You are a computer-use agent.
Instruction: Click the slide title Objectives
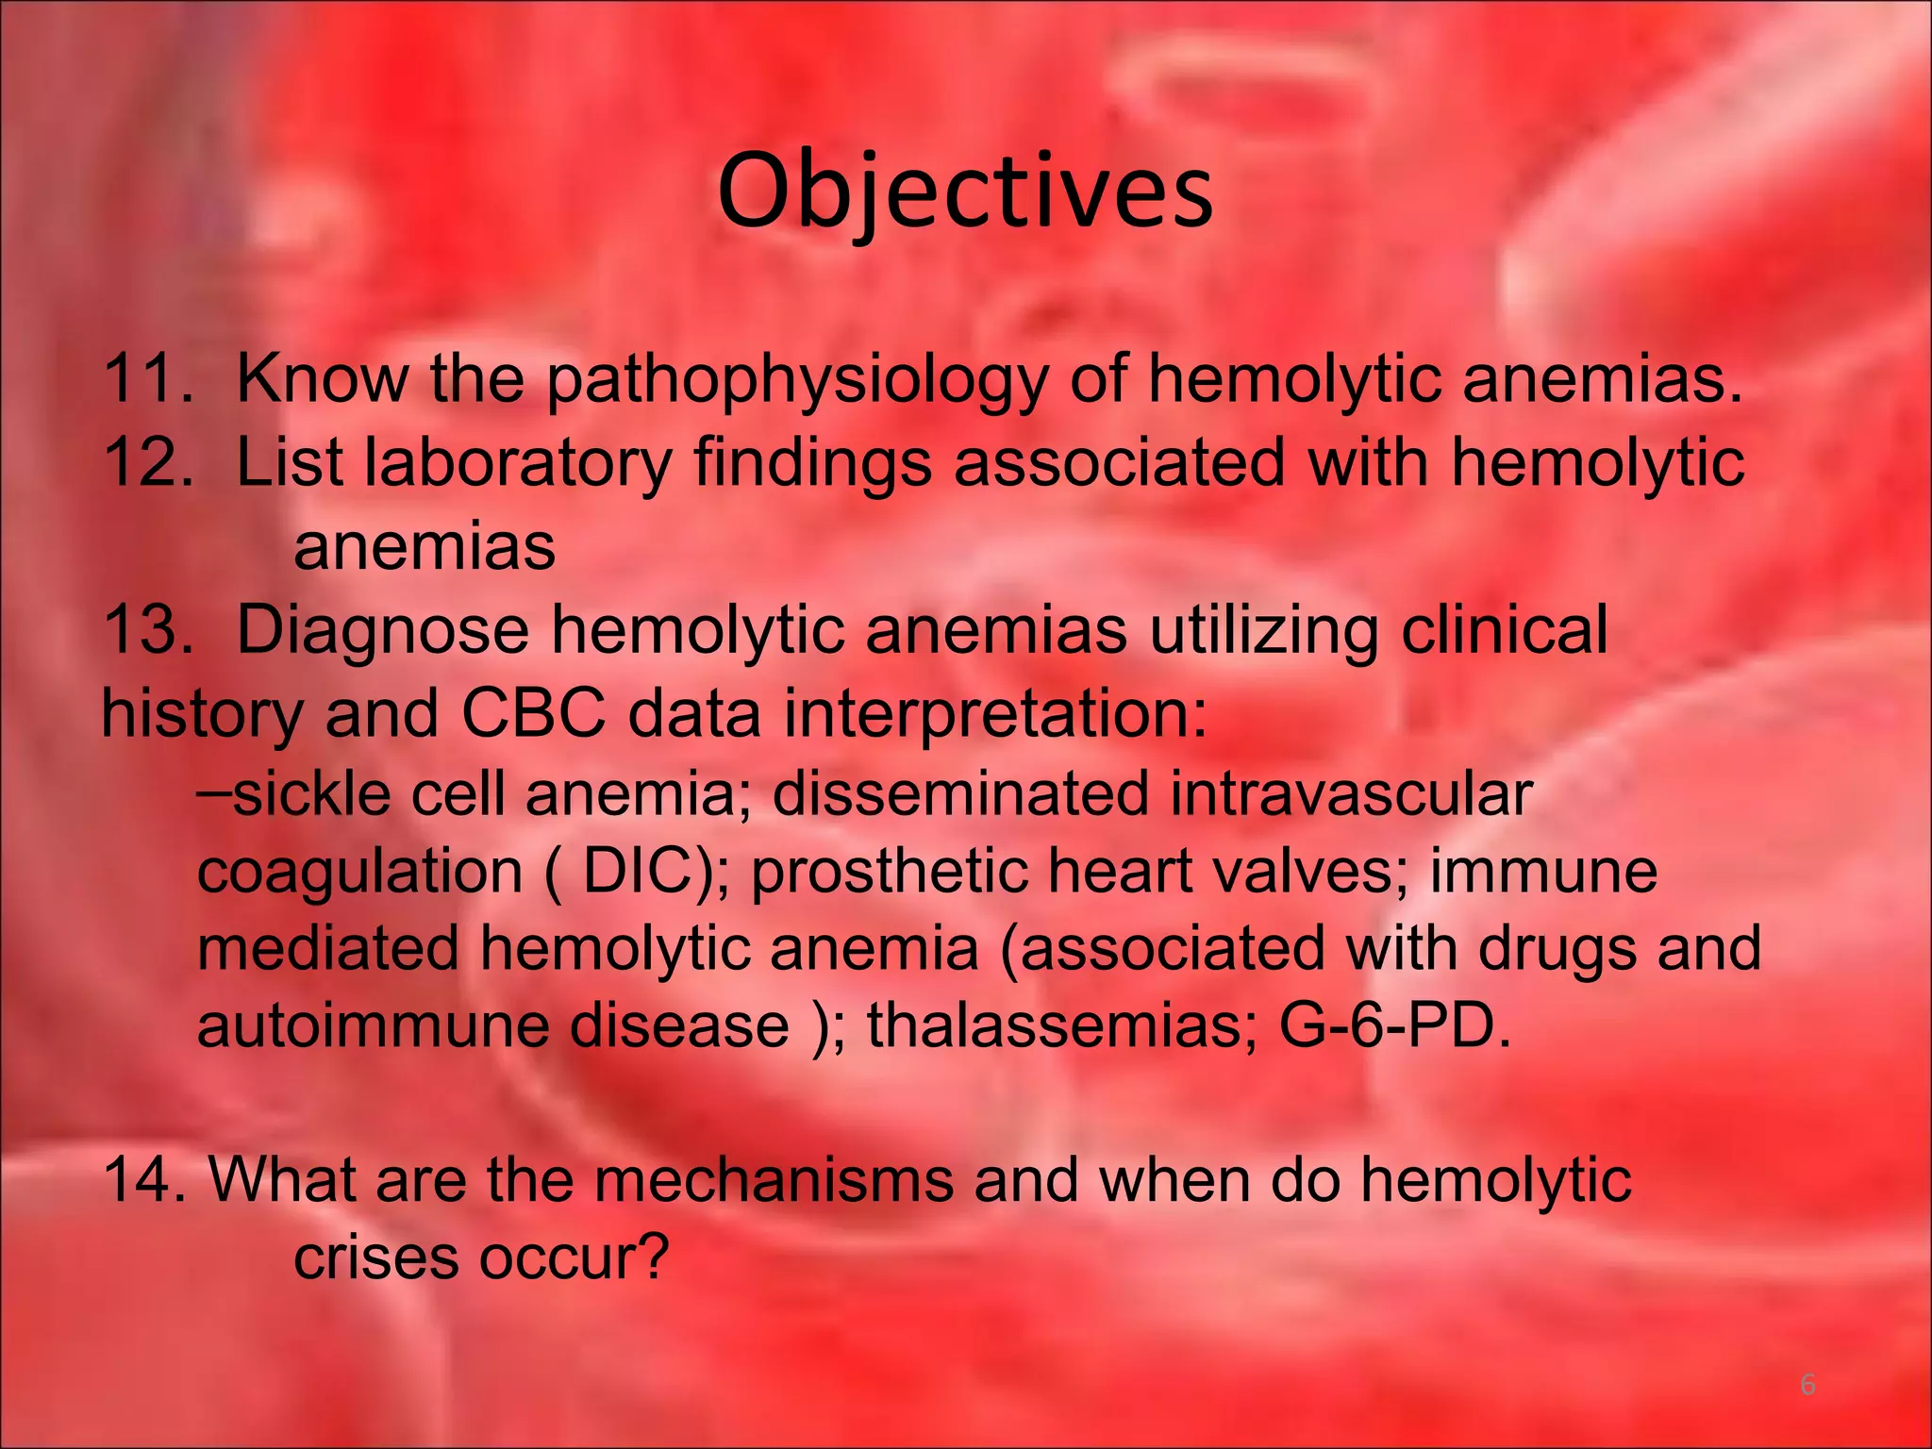click(965, 193)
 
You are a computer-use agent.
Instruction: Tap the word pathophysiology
click(796, 382)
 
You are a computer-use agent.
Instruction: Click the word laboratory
click(518, 464)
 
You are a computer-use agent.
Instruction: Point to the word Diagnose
click(382, 632)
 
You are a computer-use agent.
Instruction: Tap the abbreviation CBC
click(532, 713)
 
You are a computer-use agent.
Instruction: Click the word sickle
click(311, 793)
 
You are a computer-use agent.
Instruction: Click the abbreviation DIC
click(634, 872)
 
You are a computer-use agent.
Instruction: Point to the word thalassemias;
click(1062, 1025)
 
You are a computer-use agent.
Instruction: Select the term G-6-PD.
click(1394, 1025)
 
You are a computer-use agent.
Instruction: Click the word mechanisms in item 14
click(774, 1180)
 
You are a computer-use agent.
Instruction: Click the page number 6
click(1807, 1385)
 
